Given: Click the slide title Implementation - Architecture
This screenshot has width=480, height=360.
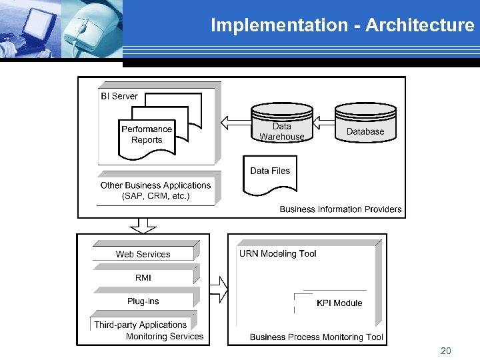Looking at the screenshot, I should coord(342,25).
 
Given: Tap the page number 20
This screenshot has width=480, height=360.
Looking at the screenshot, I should coord(445,350).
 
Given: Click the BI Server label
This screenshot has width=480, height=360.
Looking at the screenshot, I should coord(119,96).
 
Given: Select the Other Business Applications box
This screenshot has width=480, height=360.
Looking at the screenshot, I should coord(156,190).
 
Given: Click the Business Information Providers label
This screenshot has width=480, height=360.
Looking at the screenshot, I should coord(341,209).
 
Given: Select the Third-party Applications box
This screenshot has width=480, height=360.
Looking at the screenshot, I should coord(140,325).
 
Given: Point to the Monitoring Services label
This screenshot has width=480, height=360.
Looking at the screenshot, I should coord(165,337).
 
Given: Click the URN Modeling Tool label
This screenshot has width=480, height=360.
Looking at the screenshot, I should coord(277,253).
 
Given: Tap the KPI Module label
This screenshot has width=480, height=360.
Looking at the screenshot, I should coord(339,303).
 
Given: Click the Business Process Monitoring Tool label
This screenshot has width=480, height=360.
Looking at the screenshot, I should coord(317,337).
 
